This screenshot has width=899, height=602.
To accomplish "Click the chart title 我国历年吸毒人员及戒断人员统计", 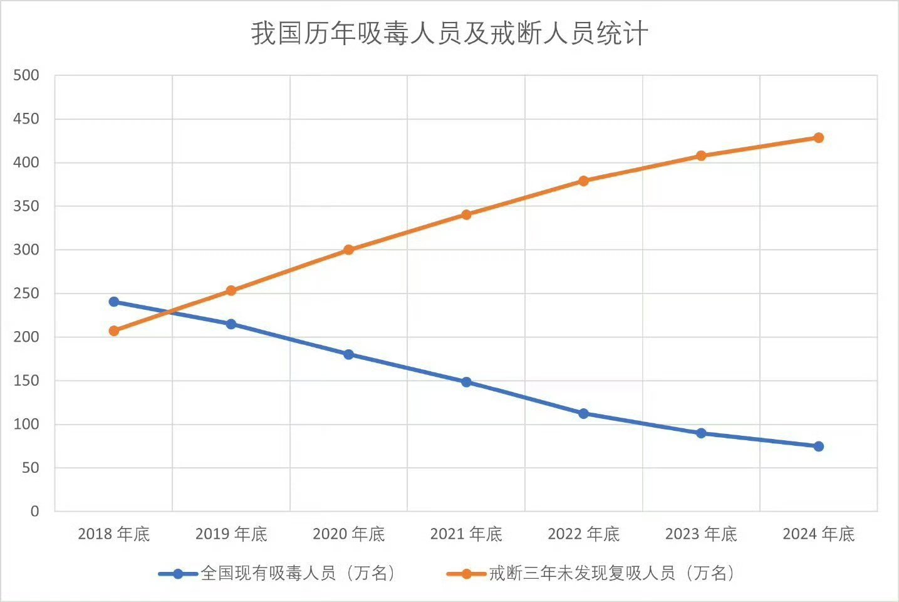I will [449, 34].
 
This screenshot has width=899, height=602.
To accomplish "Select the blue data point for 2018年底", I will [114, 302].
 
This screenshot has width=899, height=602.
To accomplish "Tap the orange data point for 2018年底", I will [114, 330].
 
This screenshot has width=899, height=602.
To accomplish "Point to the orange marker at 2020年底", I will [349, 250].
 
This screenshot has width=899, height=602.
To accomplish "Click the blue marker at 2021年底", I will [466, 382].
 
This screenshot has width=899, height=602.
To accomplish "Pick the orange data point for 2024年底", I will [818, 137].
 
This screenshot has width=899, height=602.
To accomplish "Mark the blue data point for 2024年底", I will [818, 446].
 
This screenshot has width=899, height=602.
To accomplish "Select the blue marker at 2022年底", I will [583, 413].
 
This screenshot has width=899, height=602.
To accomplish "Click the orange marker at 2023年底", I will [701, 156].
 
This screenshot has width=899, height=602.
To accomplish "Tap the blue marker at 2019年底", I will [231, 324].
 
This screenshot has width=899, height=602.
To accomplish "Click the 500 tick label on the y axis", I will [26, 75].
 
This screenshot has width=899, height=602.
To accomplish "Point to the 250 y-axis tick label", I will [26, 293].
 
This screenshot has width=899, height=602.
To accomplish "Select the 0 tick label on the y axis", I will [34, 512].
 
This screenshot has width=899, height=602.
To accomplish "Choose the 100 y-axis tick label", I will [26, 425].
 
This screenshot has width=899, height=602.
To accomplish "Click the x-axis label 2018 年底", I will [114, 534].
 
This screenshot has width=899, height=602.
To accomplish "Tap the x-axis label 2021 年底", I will [466, 534].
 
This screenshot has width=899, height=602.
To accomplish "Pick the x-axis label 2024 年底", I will [818, 534].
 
